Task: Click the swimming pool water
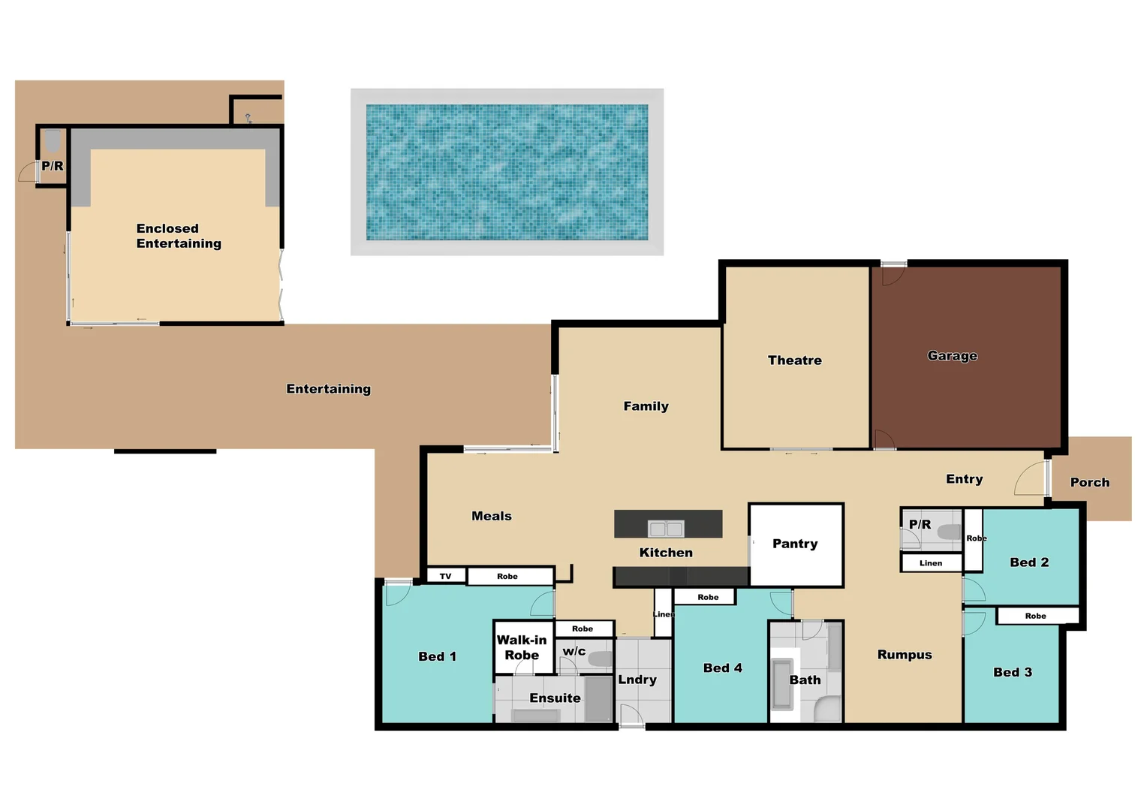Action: click(x=507, y=172)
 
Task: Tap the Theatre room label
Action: click(x=794, y=360)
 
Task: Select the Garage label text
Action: click(x=952, y=355)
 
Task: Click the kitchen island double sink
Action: click(x=666, y=529)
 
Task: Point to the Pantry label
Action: click(x=795, y=544)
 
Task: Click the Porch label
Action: click(x=1089, y=482)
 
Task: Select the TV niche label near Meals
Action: click(x=446, y=576)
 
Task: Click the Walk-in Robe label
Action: click(x=522, y=647)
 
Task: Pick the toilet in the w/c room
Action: click(x=600, y=659)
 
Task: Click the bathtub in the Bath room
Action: click(x=783, y=684)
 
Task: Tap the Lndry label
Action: click(x=637, y=680)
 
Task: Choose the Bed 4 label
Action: click(x=722, y=668)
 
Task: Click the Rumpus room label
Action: click(x=905, y=655)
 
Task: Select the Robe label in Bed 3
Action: click(x=1035, y=616)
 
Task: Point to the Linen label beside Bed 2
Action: click(x=931, y=563)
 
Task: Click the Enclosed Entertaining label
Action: click(x=179, y=236)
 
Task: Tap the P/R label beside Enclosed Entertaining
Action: click(x=53, y=166)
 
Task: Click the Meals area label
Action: click(x=492, y=516)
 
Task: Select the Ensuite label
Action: click(x=555, y=698)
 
